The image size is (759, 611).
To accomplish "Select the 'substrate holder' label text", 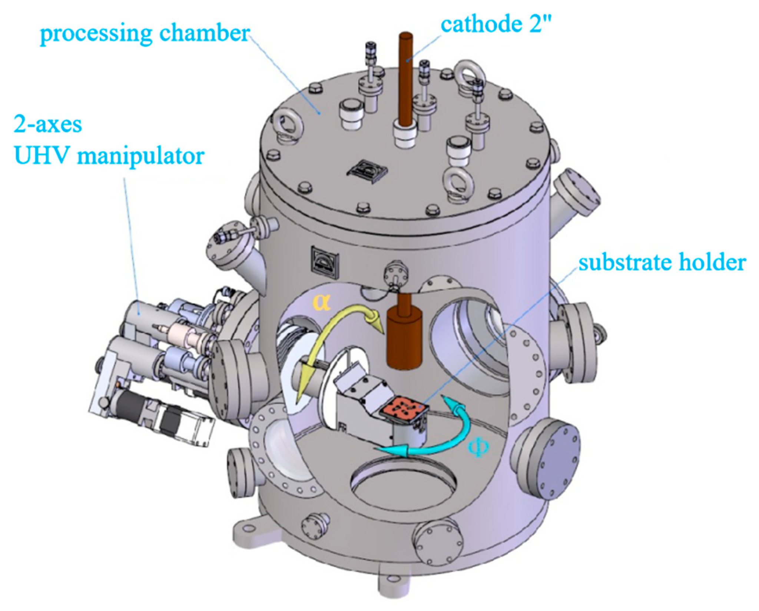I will (x=662, y=263).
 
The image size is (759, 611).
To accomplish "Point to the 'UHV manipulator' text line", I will (x=109, y=156).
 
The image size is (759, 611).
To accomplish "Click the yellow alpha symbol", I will (x=321, y=302).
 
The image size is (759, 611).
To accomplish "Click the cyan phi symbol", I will (x=478, y=447).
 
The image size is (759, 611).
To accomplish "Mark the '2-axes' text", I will (x=48, y=124).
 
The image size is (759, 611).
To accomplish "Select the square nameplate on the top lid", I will (x=367, y=171).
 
